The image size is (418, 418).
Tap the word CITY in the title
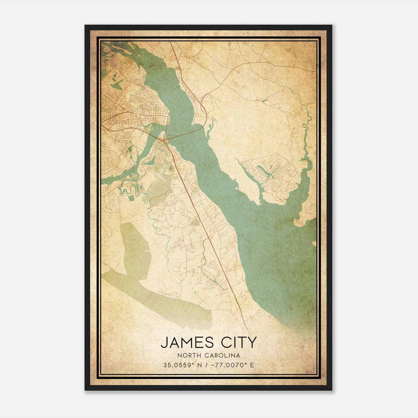(237, 342)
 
